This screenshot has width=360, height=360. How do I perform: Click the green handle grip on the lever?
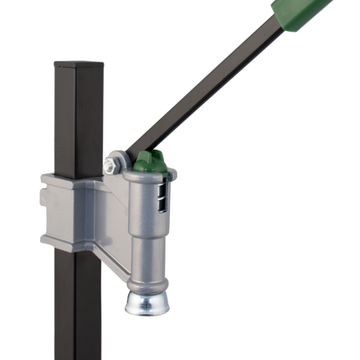[x=306, y=10]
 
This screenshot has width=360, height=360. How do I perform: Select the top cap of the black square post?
[x=79, y=64]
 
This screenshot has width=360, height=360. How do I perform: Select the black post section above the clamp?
[x=79, y=117]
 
